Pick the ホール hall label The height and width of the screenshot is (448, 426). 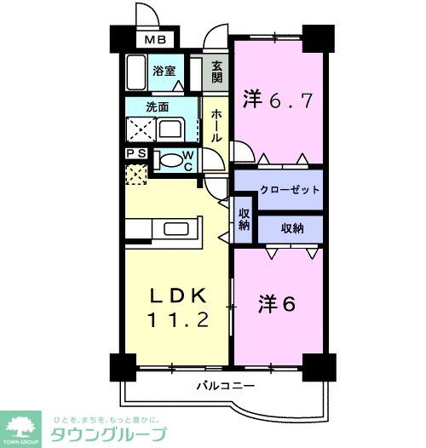(x=216, y=125)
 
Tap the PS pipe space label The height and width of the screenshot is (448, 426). (x=135, y=153)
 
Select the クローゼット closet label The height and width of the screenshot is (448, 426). (x=278, y=190)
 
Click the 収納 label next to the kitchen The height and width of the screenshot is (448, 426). (x=244, y=219)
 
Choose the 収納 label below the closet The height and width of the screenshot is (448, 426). (x=290, y=227)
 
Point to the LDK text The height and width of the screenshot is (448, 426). (x=177, y=295)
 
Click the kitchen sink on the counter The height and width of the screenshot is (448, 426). (x=178, y=229)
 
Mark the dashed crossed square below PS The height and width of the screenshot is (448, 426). (x=134, y=174)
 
